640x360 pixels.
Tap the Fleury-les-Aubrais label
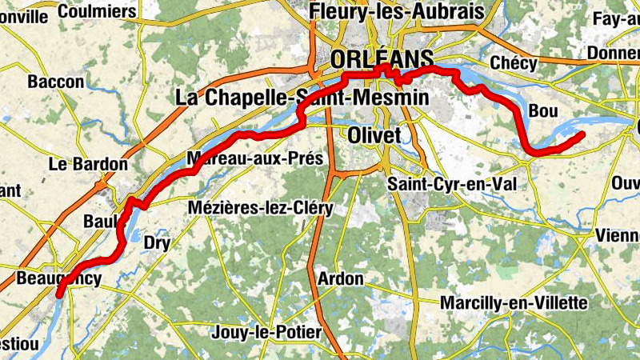point(398,11)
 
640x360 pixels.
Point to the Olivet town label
point(374,136)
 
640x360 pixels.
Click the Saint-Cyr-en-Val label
point(452,183)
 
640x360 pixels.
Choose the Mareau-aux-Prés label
point(254,158)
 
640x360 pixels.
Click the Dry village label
point(157,242)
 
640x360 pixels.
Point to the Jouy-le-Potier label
point(267,332)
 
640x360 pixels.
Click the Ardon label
point(340,279)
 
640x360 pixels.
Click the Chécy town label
point(514,62)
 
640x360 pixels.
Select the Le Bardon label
point(88,164)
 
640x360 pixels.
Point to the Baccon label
point(55,82)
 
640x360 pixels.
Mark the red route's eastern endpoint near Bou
point(582,134)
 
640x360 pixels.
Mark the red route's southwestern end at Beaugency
point(59,295)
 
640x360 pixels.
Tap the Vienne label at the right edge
point(618,236)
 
